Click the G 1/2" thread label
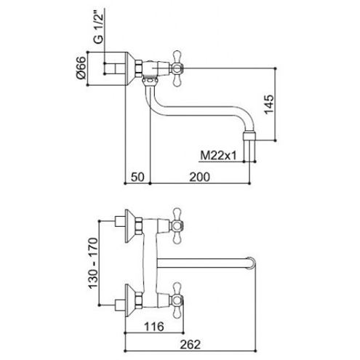tap(99, 28)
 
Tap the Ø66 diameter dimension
tap(81, 68)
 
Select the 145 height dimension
tap(269, 104)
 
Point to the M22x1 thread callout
tap(218, 155)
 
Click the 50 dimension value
tap(137, 177)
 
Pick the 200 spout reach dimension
tap(199, 177)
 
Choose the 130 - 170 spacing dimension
tap(94, 263)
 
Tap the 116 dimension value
tap(154, 327)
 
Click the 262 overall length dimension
tap(191, 345)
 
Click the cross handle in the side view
tap(177, 68)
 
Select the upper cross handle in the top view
tap(177, 225)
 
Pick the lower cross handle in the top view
tap(177, 300)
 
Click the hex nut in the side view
tap(139, 68)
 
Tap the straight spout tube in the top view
tap(202, 263)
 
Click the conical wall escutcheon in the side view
tap(130, 68)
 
